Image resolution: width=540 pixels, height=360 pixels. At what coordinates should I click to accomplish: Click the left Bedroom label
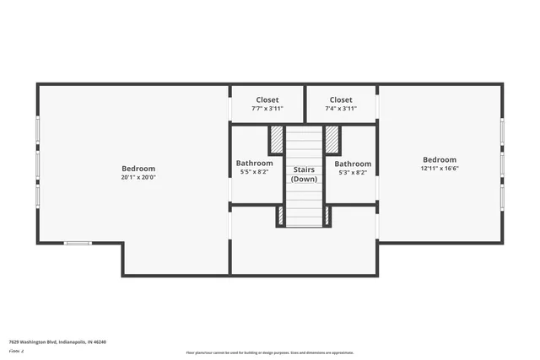(x=138, y=169)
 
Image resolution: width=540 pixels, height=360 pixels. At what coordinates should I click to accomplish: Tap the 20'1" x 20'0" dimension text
(x=138, y=177)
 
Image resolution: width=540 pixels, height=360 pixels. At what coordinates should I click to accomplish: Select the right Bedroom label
(x=440, y=159)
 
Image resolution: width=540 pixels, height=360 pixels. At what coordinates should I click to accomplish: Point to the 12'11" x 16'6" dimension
(x=440, y=169)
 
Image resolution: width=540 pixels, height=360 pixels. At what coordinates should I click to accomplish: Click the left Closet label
(x=267, y=99)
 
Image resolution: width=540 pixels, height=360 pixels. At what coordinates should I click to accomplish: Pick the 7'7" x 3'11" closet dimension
(x=267, y=108)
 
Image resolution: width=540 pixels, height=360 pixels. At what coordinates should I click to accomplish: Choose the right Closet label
(x=341, y=99)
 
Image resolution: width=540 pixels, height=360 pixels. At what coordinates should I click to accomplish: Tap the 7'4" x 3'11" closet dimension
(x=341, y=108)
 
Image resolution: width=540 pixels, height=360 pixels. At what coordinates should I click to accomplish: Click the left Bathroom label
(x=254, y=163)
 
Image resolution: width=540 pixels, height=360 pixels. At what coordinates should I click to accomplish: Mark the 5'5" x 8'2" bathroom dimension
(x=254, y=171)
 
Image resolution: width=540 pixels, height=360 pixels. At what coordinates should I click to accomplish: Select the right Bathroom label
(x=353, y=164)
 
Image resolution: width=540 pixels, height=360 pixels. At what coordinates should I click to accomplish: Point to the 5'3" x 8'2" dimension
(x=353, y=172)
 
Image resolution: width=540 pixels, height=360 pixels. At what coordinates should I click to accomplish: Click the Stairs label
(x=304, y=169)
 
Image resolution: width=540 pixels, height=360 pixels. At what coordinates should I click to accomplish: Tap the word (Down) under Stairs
(x=304, y=179)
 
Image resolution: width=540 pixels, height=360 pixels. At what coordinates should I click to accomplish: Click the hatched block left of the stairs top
(x=276, y=139)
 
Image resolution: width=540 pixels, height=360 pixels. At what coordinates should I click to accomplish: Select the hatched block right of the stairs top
(x=332, y=139)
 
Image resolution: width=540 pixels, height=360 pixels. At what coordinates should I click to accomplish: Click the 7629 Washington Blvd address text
(x=57, y=342)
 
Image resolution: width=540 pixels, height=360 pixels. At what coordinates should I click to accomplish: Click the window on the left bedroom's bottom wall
(x=78, y=244)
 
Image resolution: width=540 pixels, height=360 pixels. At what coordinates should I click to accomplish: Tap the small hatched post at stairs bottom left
(x=280, y=216)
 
